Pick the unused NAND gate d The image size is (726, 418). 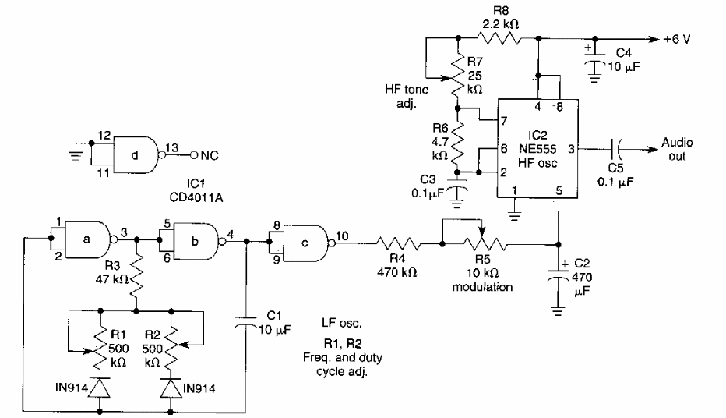[x=135, y=154]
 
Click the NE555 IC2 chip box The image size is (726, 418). [x=537, y=148]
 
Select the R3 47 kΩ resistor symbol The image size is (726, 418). [x=138, y=275]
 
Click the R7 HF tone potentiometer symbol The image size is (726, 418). [x=459, y=78]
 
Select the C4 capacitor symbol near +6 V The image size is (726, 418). [x=596, y=58]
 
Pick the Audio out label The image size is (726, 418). [x=677, y=148]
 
